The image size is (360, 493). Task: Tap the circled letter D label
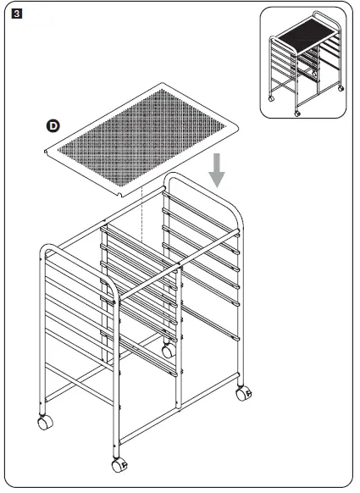click(x=53, y=126)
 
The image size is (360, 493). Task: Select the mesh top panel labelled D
click(x=140, y=136)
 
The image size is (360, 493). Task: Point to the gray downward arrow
click(x=218, y=170)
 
